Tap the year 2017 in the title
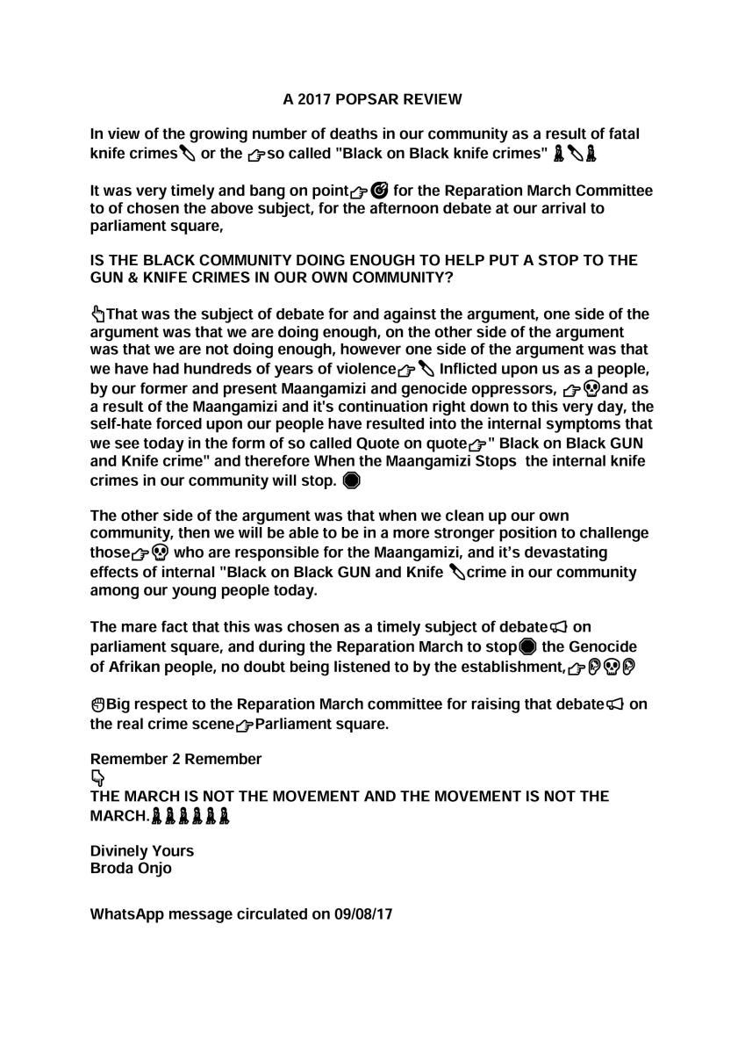(x=312, y=99)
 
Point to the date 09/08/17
(x=362, y=913)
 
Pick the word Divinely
(x=118, y=850)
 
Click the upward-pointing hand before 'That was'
(x=97, y=314)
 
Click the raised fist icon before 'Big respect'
(x=97, y=704)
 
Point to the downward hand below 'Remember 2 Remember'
(x=97, y=777)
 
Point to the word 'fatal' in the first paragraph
(x=621, y=134)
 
